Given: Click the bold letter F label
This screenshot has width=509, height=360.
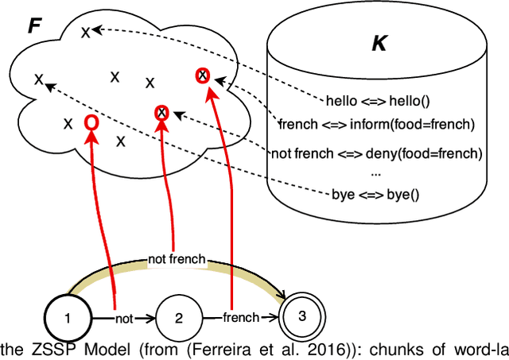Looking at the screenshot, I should (34, 24).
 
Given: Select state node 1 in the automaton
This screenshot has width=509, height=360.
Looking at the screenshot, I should (67, 319).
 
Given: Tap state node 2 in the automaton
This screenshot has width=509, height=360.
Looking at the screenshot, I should (178, 319).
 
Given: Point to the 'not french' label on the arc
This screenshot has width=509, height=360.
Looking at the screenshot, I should (177, 258).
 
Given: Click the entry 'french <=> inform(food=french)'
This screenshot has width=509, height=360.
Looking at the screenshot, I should (376, 124).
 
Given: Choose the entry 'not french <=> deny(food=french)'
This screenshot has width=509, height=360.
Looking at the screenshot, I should (377, 153).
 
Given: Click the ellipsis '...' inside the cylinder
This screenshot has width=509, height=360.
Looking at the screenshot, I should (375, 172).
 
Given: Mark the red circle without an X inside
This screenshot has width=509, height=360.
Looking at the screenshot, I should (91, 122).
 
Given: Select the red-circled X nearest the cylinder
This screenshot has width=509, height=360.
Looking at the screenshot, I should (203, 75).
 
